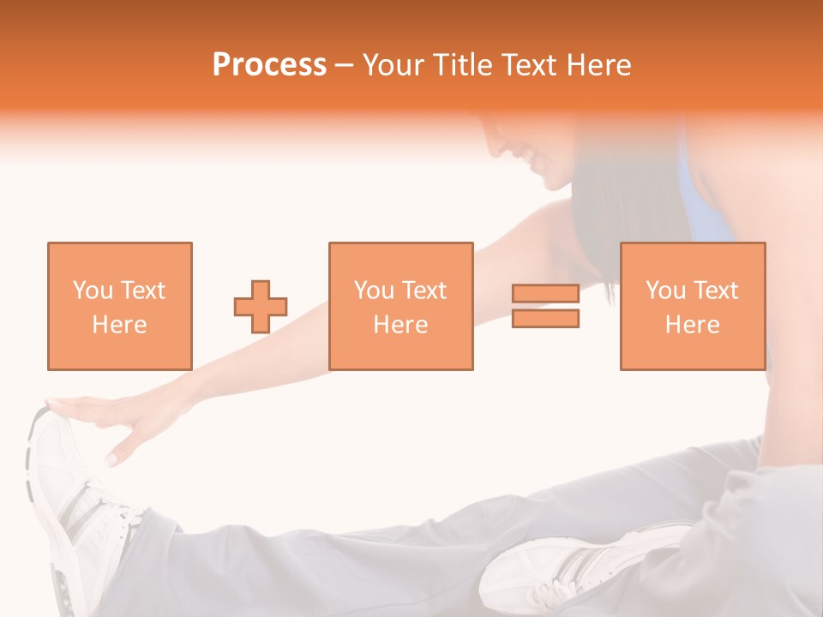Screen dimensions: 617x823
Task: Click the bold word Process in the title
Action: coord(269,65)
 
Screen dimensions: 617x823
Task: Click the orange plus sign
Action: coord(261,307)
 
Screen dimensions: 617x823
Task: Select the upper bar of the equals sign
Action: coord(545,293)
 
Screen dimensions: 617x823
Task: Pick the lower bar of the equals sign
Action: coord(545,319)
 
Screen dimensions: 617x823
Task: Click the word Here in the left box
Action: coord(119,325)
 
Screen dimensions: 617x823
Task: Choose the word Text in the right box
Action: coord(715,291)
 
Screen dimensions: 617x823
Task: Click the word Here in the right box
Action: coord(692,325)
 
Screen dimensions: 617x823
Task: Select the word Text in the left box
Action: coord(142,291)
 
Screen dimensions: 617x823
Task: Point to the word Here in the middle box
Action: coord(400,325)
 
